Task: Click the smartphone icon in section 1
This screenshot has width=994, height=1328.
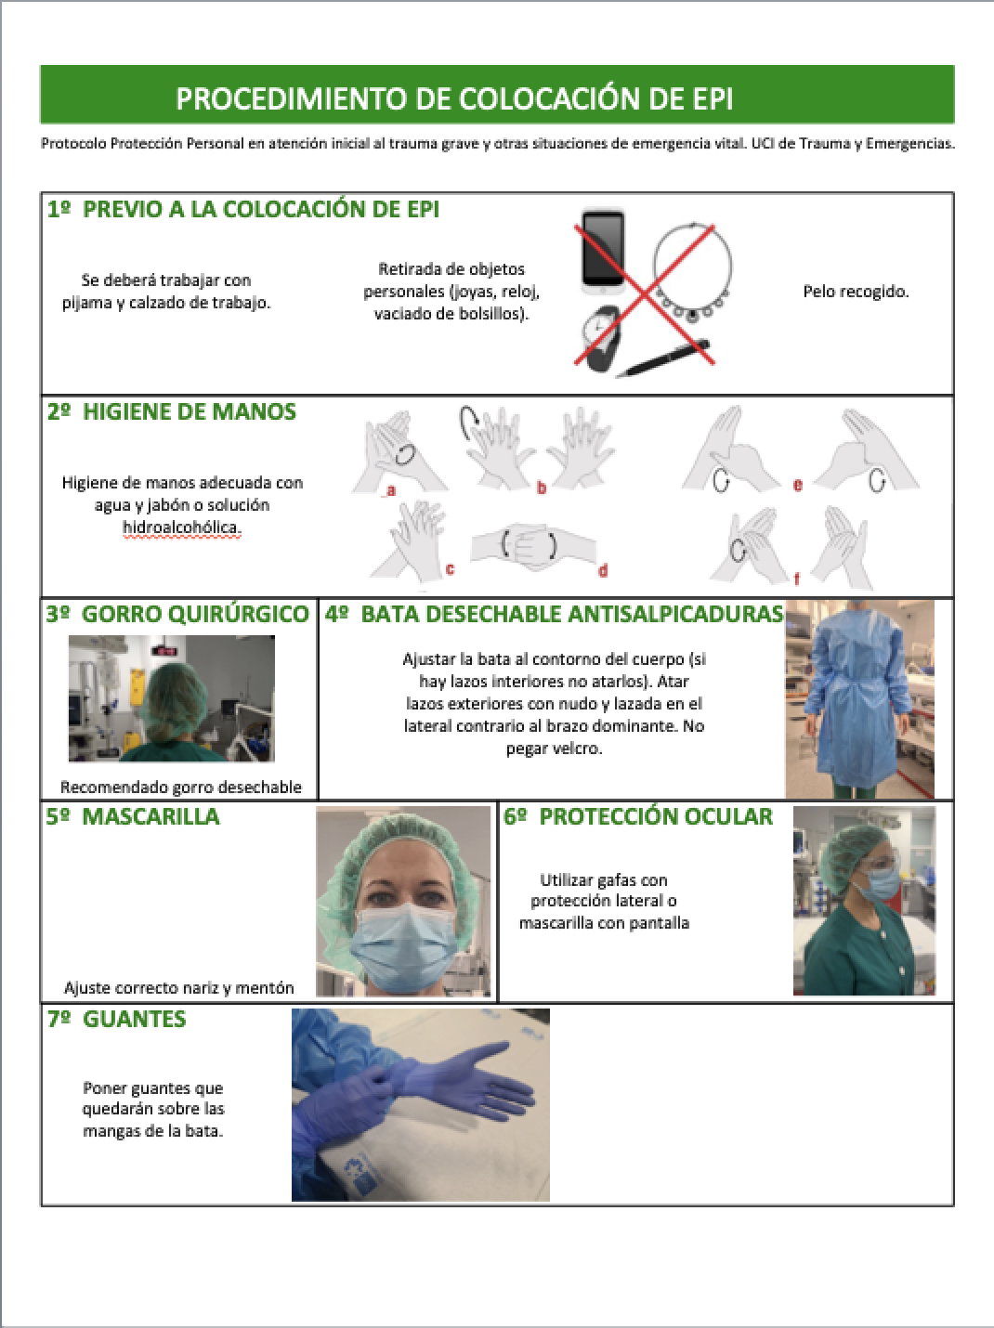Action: [603, 252]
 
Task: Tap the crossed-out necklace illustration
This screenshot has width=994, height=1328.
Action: [693, 273]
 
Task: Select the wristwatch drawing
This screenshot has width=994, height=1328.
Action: [603, 340]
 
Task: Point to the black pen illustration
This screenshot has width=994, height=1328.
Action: [662, 359]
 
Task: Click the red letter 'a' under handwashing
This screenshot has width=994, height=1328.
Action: [391, 490]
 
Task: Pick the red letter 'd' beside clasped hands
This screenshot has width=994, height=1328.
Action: [603, 570]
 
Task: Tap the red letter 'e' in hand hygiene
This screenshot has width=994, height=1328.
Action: [798, 485]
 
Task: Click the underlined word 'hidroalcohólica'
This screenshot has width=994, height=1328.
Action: [181, 527]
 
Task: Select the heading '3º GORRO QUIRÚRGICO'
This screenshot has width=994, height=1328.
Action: [177, 614]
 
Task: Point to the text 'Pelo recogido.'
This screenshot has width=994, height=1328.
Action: [857, 292]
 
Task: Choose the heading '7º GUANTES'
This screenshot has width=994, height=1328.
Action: [117, 1019]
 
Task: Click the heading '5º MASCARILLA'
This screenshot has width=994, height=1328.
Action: [133, 816]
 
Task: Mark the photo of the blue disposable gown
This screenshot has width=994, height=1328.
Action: [859, 699]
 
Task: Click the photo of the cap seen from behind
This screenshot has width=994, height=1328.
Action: [172, 698]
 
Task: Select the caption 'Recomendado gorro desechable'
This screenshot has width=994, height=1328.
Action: [181, 788]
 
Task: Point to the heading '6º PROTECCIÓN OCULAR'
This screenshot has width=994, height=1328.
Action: [638, 816]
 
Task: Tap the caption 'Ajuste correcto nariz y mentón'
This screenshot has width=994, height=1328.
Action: [179, 988]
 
